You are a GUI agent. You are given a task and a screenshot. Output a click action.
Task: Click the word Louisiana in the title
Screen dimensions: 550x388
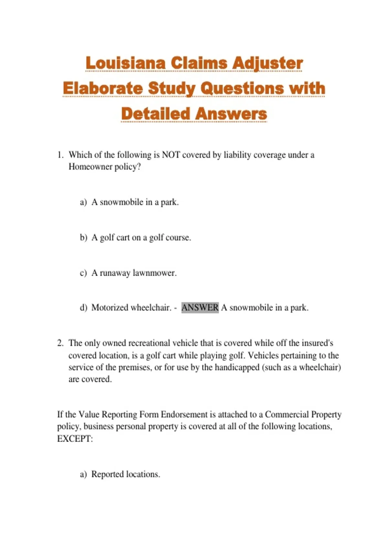click(x=126, y=63)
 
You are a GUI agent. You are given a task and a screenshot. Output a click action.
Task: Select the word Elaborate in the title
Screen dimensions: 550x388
click(x=102, y=88)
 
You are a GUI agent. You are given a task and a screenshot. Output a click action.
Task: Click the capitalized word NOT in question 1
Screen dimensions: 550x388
click(x=171, y=155)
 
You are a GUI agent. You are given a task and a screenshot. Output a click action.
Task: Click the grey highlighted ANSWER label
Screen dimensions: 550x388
click(x=200, y=307)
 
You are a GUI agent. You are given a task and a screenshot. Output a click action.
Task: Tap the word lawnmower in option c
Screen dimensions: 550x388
click(x=155, y=273)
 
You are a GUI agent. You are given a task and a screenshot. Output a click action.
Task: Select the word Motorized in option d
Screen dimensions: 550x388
click(x=110, y=307)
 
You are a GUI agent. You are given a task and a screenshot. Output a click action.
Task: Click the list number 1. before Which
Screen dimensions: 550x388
click(x=60, y=155)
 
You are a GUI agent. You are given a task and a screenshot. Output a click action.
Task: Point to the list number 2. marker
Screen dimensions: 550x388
click(x=60, y=343)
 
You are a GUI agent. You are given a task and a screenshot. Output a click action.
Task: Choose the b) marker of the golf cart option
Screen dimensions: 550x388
click(x=83, y=237)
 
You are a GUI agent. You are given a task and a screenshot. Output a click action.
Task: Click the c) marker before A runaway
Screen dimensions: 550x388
click(x=83, y=273)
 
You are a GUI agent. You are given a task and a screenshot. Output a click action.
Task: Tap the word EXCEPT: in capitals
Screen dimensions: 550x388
click(x=75, y=439)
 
